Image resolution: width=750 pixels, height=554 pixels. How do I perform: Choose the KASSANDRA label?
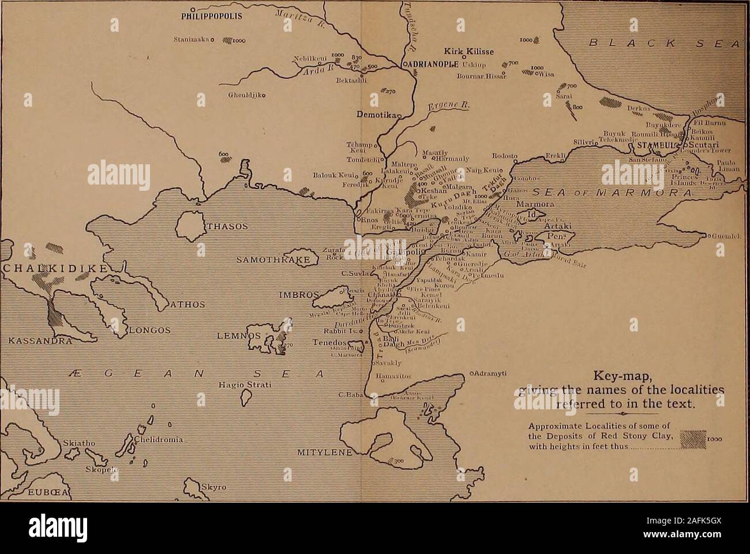coord(36,341)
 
